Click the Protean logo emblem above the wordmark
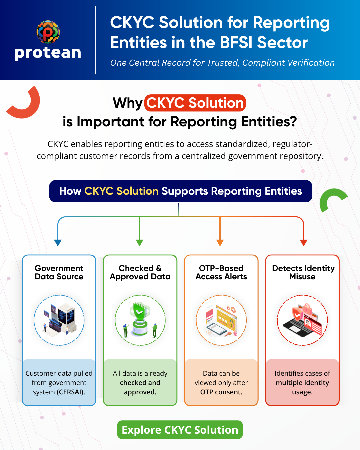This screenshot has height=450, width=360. coord(48,32)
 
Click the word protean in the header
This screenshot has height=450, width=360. coord(48,53)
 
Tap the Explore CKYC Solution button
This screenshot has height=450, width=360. coord(180,430)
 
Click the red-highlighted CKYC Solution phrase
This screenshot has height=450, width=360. coord(195,103)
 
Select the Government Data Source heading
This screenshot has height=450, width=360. coord(59,272)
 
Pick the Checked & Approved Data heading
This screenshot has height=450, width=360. coord(140,272)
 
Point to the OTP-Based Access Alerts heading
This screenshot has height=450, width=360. coord(221,272)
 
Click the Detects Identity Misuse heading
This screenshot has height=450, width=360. coord(303,272)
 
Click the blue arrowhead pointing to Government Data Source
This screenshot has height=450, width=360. coord(58,243)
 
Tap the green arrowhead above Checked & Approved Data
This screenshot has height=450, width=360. coord(140,243)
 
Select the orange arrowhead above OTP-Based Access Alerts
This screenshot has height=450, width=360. coord(220,243)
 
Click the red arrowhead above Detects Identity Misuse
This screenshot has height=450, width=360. coord(303,243)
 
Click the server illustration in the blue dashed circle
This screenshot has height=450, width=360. coord(59,319)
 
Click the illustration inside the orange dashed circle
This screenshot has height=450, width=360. coord(221,320)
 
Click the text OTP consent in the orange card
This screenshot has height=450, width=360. coord(221,392)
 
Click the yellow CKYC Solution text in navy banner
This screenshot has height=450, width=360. coord(121,191)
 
